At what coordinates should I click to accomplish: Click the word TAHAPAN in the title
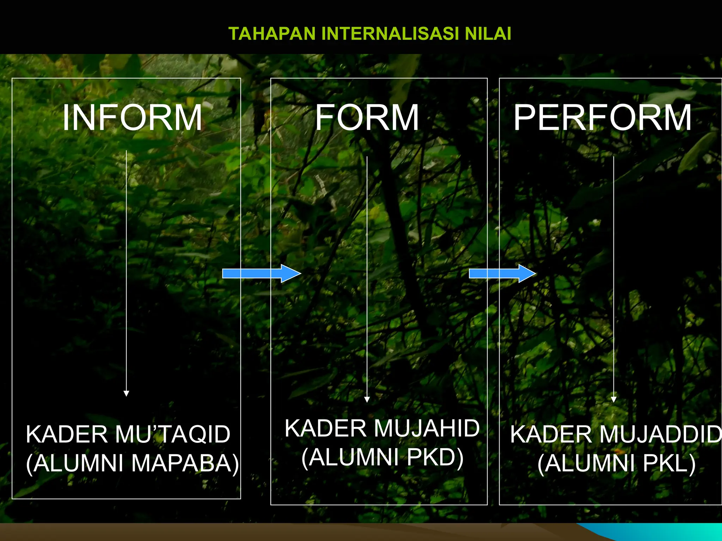[272, 34]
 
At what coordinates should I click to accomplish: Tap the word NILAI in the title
[488, 34]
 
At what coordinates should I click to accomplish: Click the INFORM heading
[132, 118]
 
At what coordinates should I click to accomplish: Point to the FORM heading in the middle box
[367, 118]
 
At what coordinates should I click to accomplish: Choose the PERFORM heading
[602, 118]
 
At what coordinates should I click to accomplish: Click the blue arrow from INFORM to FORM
[261, 273]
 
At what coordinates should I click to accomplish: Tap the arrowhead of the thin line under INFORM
[126, 393]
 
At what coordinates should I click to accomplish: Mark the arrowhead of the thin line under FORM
[367, 399]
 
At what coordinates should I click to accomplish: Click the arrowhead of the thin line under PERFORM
[613, 399]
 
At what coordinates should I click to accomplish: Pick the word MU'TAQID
[172, 434]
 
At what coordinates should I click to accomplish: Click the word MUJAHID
[427, 429]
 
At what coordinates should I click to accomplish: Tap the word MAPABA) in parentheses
[185, 463]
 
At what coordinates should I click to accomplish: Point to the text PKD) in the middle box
[435, 457]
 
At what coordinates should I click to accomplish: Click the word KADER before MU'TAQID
[67, 434]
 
